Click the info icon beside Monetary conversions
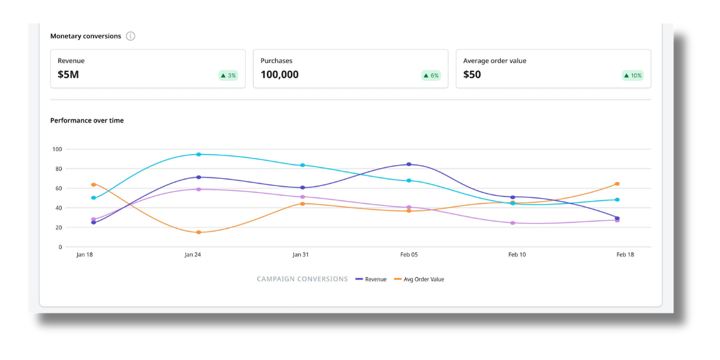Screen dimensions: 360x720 130,36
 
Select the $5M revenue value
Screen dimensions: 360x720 68,75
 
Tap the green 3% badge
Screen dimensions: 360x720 228,76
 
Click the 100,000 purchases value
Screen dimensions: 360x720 279,75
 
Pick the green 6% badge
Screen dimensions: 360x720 431,76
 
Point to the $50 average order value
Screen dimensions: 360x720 472,75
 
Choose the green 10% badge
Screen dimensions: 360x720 632,76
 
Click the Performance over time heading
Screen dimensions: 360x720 87,121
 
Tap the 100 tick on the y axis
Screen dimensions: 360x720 57,149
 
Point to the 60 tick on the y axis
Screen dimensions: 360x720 58,188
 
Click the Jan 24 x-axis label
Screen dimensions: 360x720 193,255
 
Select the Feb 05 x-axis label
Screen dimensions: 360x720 409,255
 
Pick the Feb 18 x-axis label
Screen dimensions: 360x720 625,255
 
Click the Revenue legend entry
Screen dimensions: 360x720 371,279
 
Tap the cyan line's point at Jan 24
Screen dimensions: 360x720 199,154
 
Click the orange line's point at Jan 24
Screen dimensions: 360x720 199,232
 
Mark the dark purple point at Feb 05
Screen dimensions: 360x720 409,164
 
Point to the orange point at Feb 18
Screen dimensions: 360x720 617,184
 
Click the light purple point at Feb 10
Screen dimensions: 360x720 512,223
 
